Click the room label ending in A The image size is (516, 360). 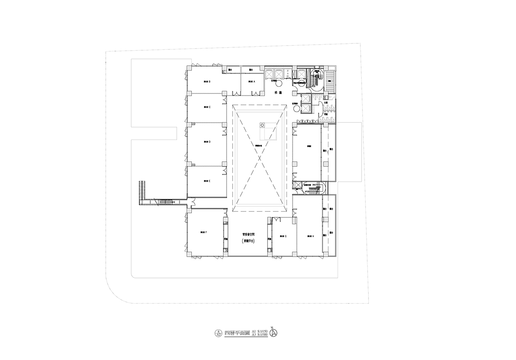pos(252,81)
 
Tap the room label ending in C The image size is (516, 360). pos(207,107)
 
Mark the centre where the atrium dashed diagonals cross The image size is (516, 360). pos(259,157)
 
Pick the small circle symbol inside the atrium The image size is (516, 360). pos(261,125)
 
